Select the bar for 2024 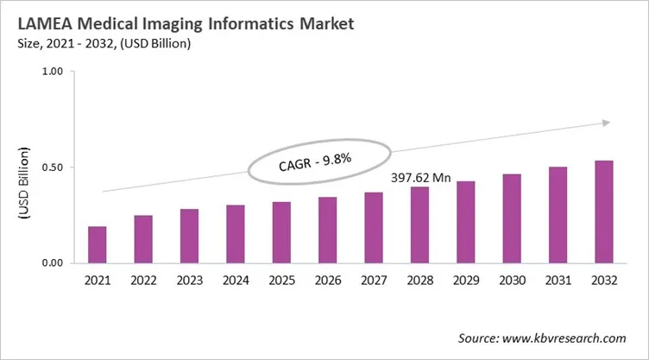[x=236, y=234]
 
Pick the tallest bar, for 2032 [x=603, y=212]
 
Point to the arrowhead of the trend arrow [x=607, y=123]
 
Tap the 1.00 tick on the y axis [x=53, y=73]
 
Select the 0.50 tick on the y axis [x=53, y=167]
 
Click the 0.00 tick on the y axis [x=53, y=263]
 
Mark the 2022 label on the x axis [x=143, y=281]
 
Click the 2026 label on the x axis [x=327, y=281]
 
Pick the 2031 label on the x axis [x=558, y=281]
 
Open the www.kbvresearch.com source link [x=570, y=338]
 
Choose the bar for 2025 [x=281, y=232]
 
